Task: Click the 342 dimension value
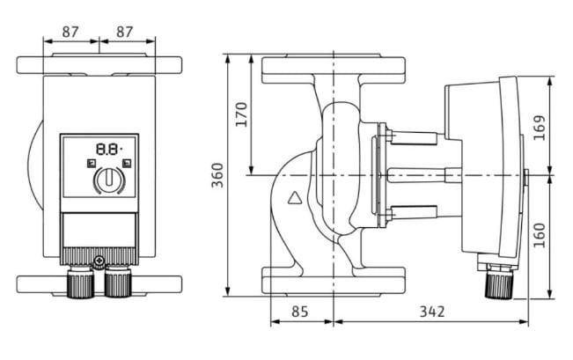(x=431, y=312)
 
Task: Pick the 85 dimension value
(x=300, y=312)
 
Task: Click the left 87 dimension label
(x=71, y=31)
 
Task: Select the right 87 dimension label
(x=125, y=31)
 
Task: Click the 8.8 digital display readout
(x=108, y=151)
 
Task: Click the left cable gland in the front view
(x=81, y=283)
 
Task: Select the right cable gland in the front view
(x=118, y=283)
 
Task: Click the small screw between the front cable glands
(x=99, y=262)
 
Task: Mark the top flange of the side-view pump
(x=334, y=70)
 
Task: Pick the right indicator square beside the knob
(x=128, y=164)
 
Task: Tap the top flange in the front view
(x=99, y=65)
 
